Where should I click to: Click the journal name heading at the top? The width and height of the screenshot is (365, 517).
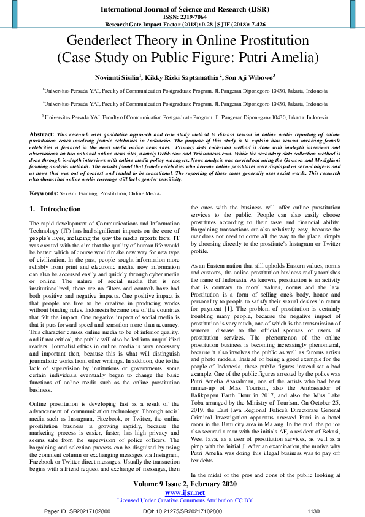(x=182, y=10)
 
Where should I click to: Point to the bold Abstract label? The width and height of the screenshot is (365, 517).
(x=42, y=133)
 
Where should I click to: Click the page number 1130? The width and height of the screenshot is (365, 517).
(x=313, y=510)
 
